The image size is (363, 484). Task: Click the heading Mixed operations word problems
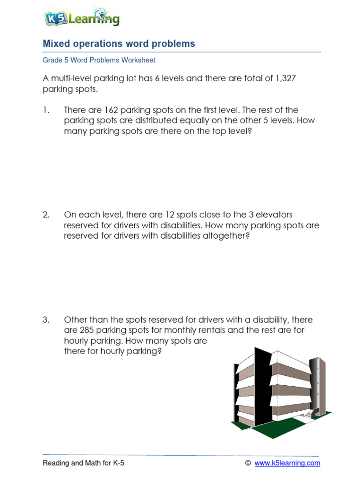[119, 43]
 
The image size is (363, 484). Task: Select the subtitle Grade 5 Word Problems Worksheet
[99, 60]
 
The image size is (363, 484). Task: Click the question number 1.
[45, 110]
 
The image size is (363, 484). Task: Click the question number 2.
[46, 215]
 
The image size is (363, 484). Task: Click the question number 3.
[46, 320]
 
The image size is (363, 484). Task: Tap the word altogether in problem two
[223, 236]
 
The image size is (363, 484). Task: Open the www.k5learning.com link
[287, 463]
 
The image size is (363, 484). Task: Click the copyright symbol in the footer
[248, 463]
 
